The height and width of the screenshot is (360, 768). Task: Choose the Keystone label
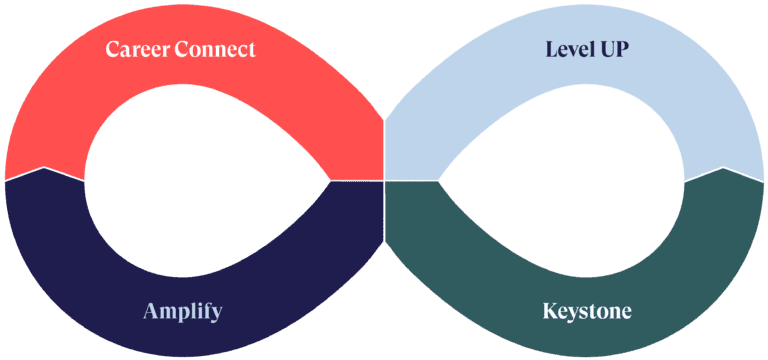point(587,311)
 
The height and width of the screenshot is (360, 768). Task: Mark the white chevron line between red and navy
point(44,169)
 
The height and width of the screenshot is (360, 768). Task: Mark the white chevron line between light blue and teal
point(722,169)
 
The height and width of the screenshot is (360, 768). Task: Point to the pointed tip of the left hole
point(329,180)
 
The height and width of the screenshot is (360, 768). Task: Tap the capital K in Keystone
point(550,311)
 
